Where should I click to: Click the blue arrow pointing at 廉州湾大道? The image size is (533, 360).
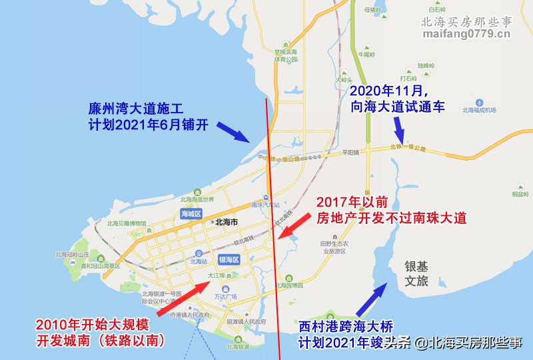[x=231, y=131]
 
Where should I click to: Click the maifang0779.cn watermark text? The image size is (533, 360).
[x=466, y=34]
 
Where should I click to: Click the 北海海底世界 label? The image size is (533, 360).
[x=197, y=199]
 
